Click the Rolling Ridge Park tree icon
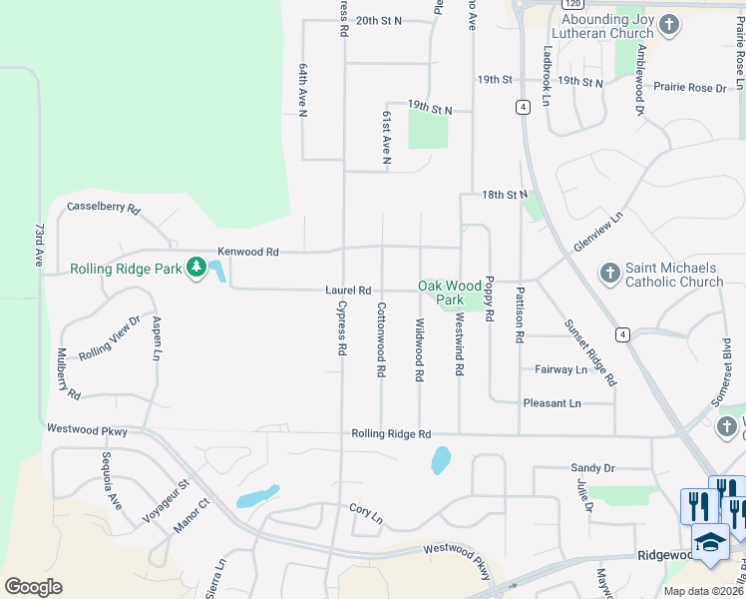pos(196,268)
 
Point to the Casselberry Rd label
pos(104,210)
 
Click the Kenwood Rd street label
pos(248,253)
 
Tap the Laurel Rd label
pos(348,291)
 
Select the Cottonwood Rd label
pos(381,340)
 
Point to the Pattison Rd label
pos(520,315)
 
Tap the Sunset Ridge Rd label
pos(590,352)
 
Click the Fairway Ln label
pos(561,369)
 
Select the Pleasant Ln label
pos(552,403)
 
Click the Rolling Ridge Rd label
pos(391,434)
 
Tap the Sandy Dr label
pos(591,467)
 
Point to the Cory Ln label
pos(366,511)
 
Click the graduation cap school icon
pos(709,541)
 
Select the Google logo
pos(34,587)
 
